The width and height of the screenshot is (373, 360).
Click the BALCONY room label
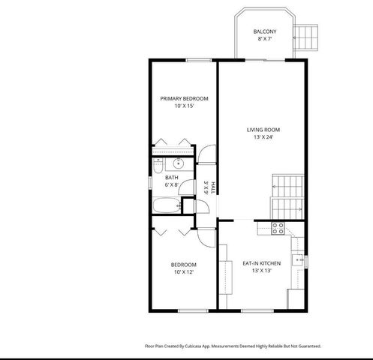click(x=266, y=31)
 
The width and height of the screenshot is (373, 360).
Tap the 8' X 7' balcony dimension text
click(x=266, y=39)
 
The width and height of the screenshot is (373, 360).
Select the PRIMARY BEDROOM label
click(x=184, y=98)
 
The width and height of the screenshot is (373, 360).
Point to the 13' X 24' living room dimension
click(x=262, y=137)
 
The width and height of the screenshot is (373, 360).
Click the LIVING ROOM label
click(x=262, y=130)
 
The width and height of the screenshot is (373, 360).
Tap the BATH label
click(x=171, y=178)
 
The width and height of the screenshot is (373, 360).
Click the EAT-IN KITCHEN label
click(x=261, y=263)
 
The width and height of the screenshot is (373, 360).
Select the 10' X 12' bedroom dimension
click(x=183, y=272)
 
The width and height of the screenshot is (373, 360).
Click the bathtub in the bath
click(x=166, y=205)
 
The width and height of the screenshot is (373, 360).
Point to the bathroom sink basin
click(x=179, y=163)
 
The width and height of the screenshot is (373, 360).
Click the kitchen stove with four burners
click(x=277, y=228)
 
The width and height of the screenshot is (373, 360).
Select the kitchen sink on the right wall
click(x=298, y=261)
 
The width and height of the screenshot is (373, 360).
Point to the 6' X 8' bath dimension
click(x=171, y=185)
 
